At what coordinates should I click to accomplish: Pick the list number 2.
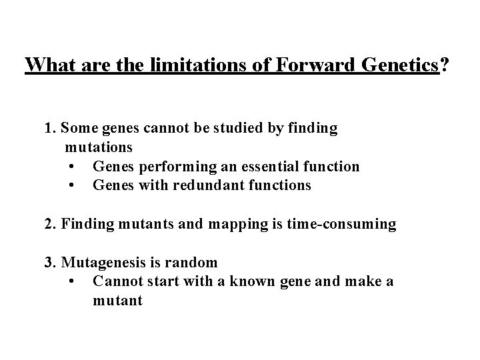49,225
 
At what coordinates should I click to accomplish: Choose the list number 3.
49,263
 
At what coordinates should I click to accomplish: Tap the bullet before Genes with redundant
71,186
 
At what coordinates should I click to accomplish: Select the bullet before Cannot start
71,282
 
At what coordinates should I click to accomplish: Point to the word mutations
99,147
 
